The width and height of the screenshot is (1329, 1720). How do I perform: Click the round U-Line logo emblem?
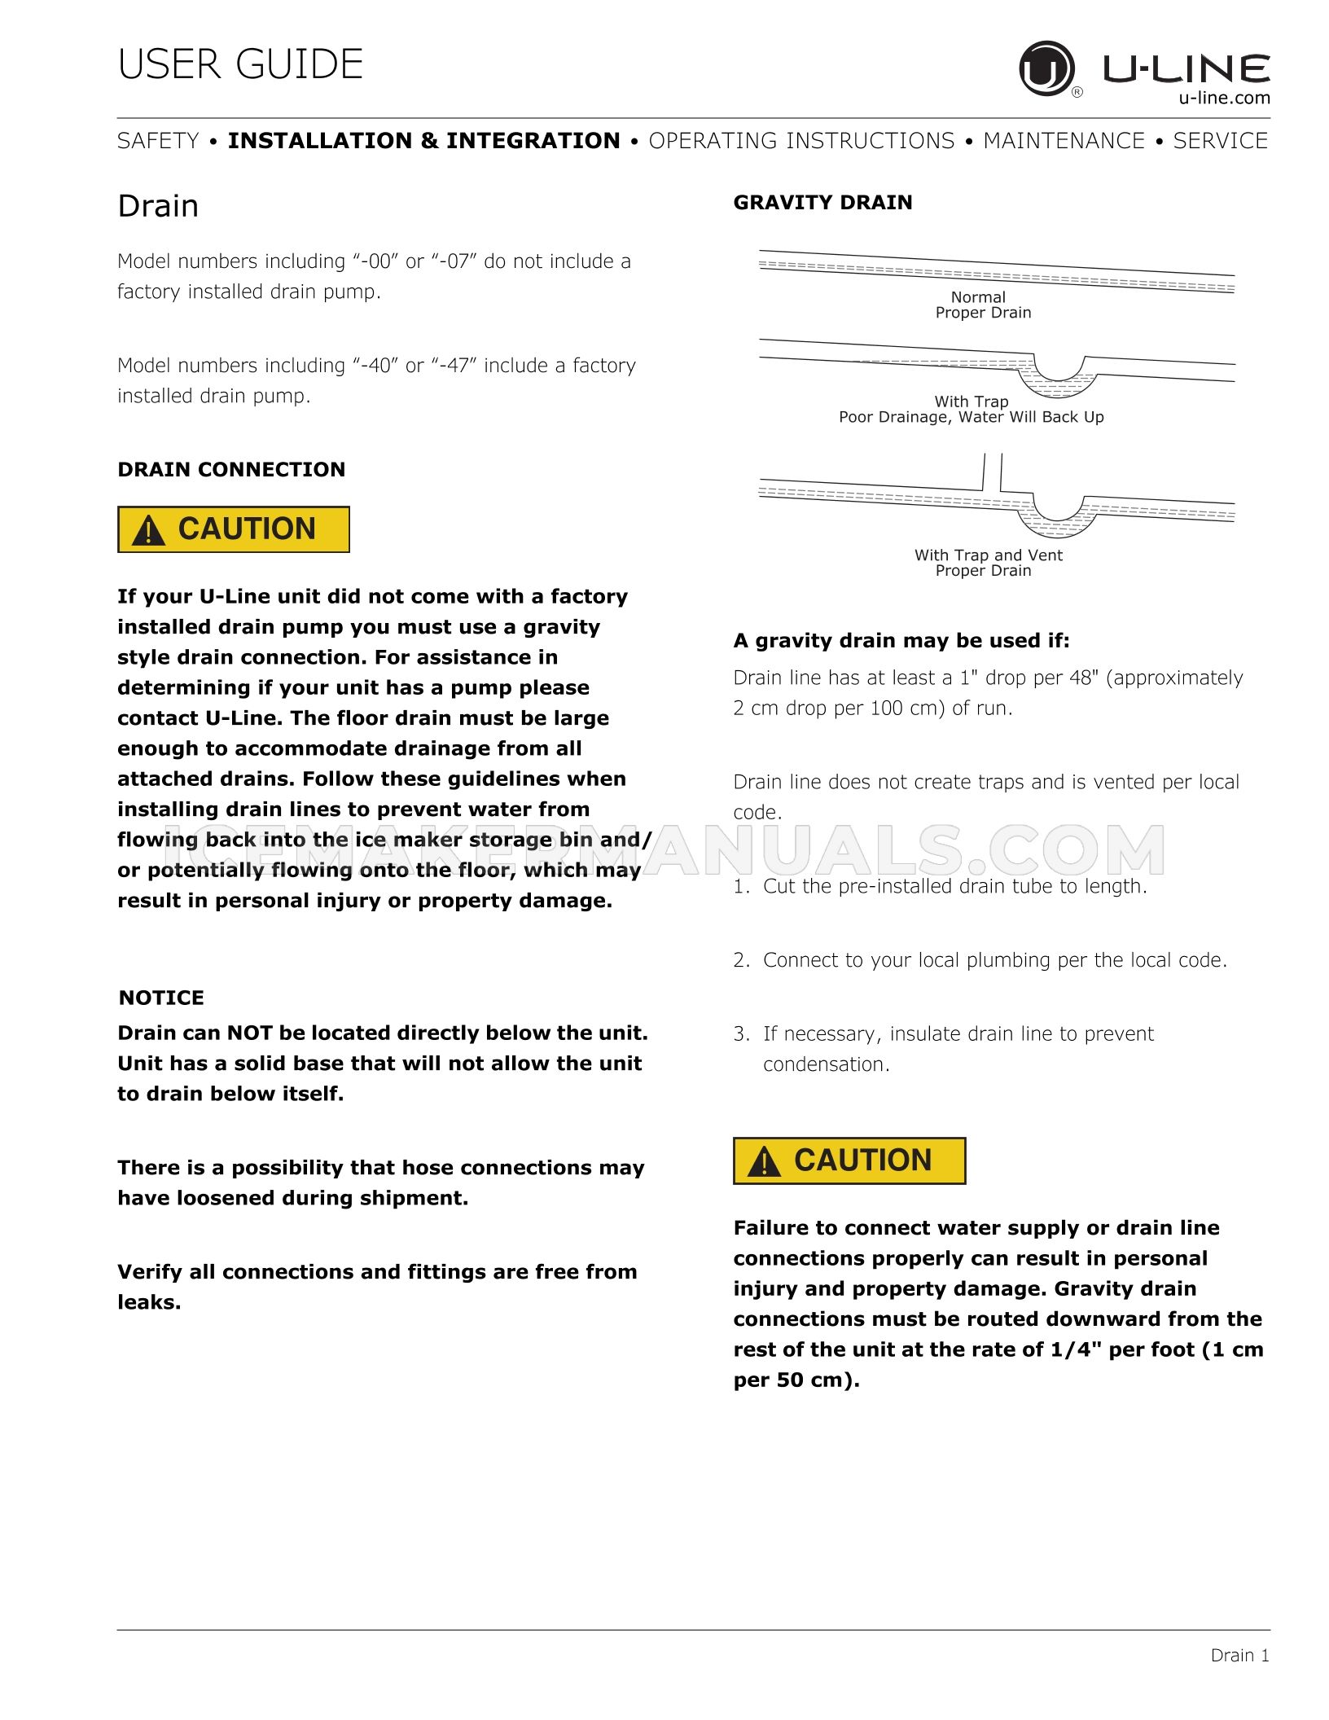[1046, 68]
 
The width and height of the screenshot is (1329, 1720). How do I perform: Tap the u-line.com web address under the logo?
[1224, 99]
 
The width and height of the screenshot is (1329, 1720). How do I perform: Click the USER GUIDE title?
[240, 64]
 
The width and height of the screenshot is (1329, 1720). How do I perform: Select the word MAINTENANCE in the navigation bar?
[1064, 141]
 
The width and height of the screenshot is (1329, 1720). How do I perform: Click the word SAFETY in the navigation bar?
[158, 141]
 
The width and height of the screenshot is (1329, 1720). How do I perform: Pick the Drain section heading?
[158, 206]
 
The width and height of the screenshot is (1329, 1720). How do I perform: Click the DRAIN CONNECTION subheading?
[231, 469]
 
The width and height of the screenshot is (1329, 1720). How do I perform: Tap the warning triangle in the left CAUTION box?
[148, 531]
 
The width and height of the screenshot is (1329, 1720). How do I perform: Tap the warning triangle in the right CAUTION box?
[764, 1162]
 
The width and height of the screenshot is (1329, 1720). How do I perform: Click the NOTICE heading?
[161, 998]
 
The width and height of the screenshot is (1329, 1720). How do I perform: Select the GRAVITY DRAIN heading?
[822, 202]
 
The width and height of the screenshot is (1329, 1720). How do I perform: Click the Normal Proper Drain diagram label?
[982, 305]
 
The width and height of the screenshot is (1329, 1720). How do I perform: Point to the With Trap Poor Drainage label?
[971, 409]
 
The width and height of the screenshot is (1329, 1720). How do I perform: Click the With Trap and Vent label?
[988, 562]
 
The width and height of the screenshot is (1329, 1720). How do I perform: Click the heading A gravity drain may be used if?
[901, 641]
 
